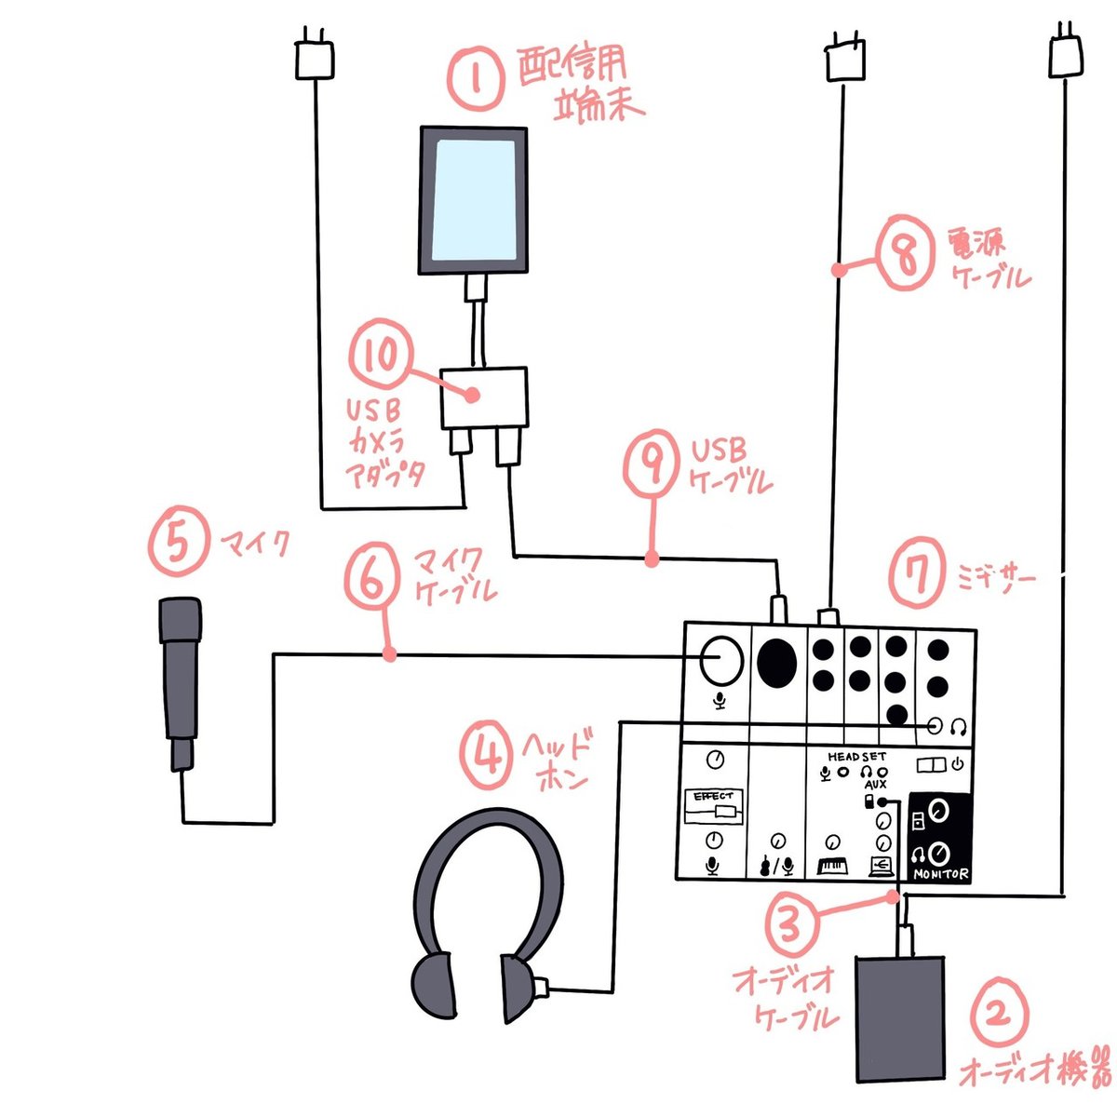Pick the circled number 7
pyautogui.click(x=919, y=576)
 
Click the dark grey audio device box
pyautogui.click(x=899, y=1019)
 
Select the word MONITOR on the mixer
pyautogui.click(x=941, y=874)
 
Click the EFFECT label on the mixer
pyautogui.click(x=713, y=797)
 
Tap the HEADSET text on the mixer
pyautogui.click(x=856, y=757)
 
